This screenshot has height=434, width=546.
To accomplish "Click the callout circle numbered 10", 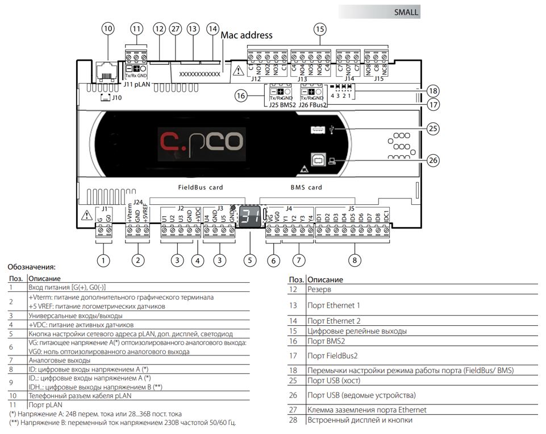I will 108,28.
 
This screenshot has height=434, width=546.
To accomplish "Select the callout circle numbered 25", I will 434,129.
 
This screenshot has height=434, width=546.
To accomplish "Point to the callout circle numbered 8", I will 355,261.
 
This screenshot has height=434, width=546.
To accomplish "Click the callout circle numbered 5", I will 249,261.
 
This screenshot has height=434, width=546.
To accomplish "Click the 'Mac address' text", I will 247,35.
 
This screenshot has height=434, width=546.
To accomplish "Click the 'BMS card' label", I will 306,187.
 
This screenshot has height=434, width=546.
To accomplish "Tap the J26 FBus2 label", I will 314,105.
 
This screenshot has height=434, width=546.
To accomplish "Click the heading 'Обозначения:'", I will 32,266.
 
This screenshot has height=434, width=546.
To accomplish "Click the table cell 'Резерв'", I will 319,290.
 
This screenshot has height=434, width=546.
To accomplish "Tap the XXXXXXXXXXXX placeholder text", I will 199,74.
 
